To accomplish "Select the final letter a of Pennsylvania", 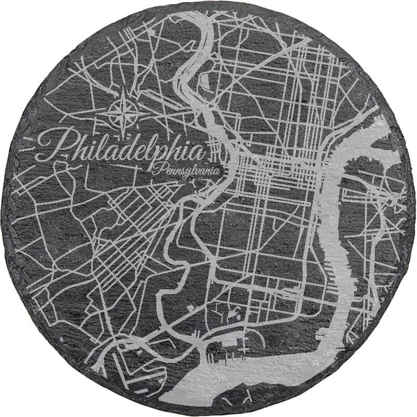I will (x=218, y=170).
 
